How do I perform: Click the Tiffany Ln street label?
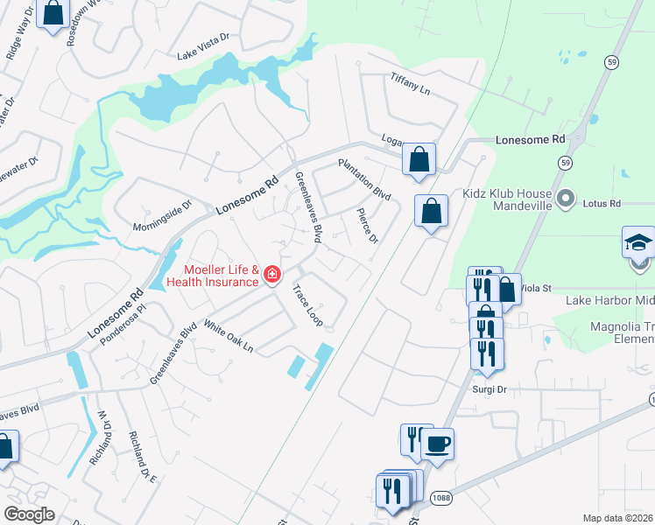(411, 84)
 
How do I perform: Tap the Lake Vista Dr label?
(202, 55)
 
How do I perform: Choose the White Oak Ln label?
(228, 337)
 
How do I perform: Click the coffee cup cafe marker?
(437, 444)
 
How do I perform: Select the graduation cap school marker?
(638, 241)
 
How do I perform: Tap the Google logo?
(30, 514)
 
